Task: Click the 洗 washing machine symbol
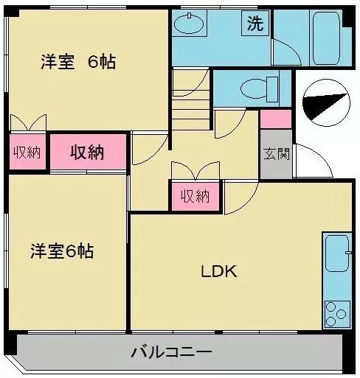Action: click(255, 24)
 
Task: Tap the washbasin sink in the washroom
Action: click(189, 24)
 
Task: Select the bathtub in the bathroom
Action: click(326, 38)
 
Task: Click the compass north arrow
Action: click(326, 102)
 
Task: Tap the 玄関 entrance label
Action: click(277, 154)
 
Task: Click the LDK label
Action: click(219, 271)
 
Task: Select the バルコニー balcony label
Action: click(171, 352)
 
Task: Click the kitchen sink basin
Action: click(337, 253)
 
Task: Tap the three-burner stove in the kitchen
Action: click(337, 314)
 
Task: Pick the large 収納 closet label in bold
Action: click(87, 153)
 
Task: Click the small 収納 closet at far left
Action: click(27, 153)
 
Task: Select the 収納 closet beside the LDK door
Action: click(195, 196)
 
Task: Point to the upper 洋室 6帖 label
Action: click(78, 62)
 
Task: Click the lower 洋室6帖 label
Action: click(62, 251)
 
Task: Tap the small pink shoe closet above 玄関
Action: click(276, 119)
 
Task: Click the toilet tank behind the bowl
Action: click(272, 89)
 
